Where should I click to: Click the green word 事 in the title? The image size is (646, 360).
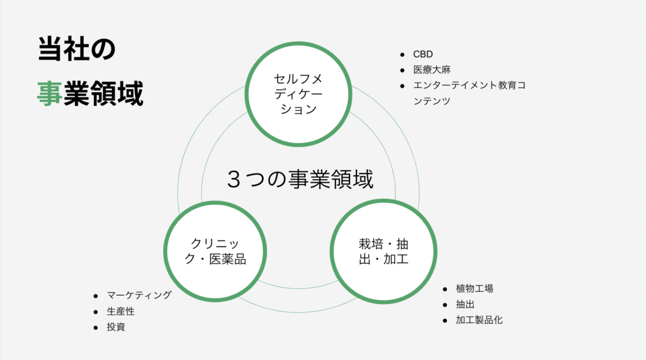(x=49, y=93)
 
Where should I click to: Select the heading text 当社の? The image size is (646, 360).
(x=76, y=49)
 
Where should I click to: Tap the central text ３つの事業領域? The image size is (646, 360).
(x=300, y=179)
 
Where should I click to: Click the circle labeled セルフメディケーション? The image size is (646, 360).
(x=298, y=94)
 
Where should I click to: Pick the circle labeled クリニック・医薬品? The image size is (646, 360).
(x=215, y=252)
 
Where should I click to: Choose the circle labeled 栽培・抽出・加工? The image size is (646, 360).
(x=384, y=252)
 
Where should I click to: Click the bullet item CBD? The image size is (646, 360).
(x=423, y=54)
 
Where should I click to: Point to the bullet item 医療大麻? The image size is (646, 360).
(x=432, y=69)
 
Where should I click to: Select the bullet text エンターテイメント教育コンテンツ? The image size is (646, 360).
(x=469, y=93)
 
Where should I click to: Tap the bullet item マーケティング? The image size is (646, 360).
(x=139, y=295)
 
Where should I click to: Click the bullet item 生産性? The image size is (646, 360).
(x=120, y=311)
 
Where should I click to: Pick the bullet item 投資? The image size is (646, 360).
(x=116, y=327)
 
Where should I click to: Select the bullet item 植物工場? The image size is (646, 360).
(x=474, y=289)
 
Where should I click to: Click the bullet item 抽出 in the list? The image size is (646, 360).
(x=465, y=305)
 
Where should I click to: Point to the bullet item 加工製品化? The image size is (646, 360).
(x=479, y=320)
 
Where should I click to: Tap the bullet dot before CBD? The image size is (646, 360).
(x=402, y=55)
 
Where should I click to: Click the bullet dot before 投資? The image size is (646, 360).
(x=96, y=328)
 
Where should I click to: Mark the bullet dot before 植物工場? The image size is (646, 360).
(x=445, y=289)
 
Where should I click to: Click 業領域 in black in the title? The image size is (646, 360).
(x=103, y=93)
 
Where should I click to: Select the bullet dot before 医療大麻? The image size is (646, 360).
(x=402, y=71)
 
